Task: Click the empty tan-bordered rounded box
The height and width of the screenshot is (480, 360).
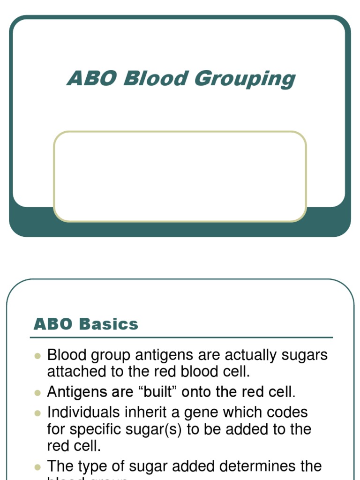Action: click(180, 176)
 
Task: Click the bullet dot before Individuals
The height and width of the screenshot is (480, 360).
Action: click(38, 413)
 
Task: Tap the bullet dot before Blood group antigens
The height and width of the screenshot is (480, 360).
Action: click(38, 356)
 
